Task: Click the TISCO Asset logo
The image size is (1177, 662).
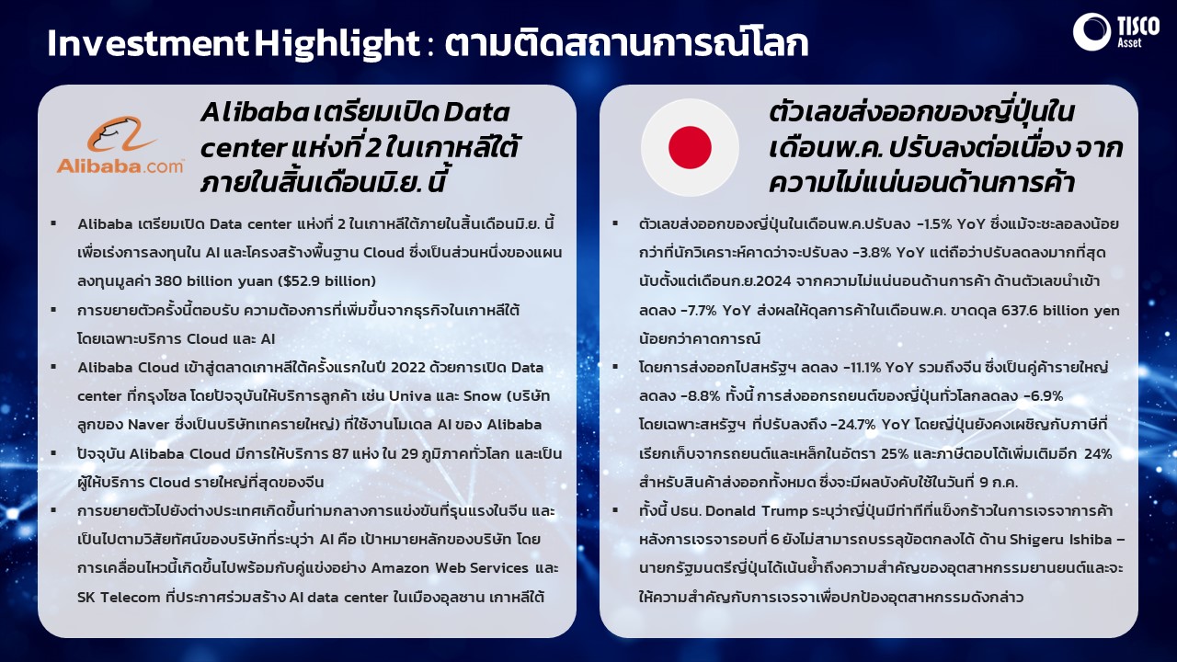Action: (x=1116, y=31)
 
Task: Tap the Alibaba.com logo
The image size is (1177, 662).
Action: (x=120, y=145)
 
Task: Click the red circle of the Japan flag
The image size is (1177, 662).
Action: (x=690, y=147)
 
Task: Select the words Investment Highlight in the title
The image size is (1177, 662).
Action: (x=234, y=43)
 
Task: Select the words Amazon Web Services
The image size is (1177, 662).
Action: (x=450, y=568)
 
